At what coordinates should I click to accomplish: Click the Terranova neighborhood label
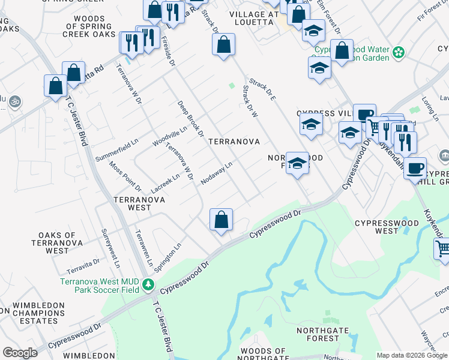(234, 142)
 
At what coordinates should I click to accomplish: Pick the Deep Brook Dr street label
(191, 118)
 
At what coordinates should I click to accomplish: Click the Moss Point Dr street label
(125, 177)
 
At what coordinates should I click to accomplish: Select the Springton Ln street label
(167, 256)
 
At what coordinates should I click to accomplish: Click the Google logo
(20, 353)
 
